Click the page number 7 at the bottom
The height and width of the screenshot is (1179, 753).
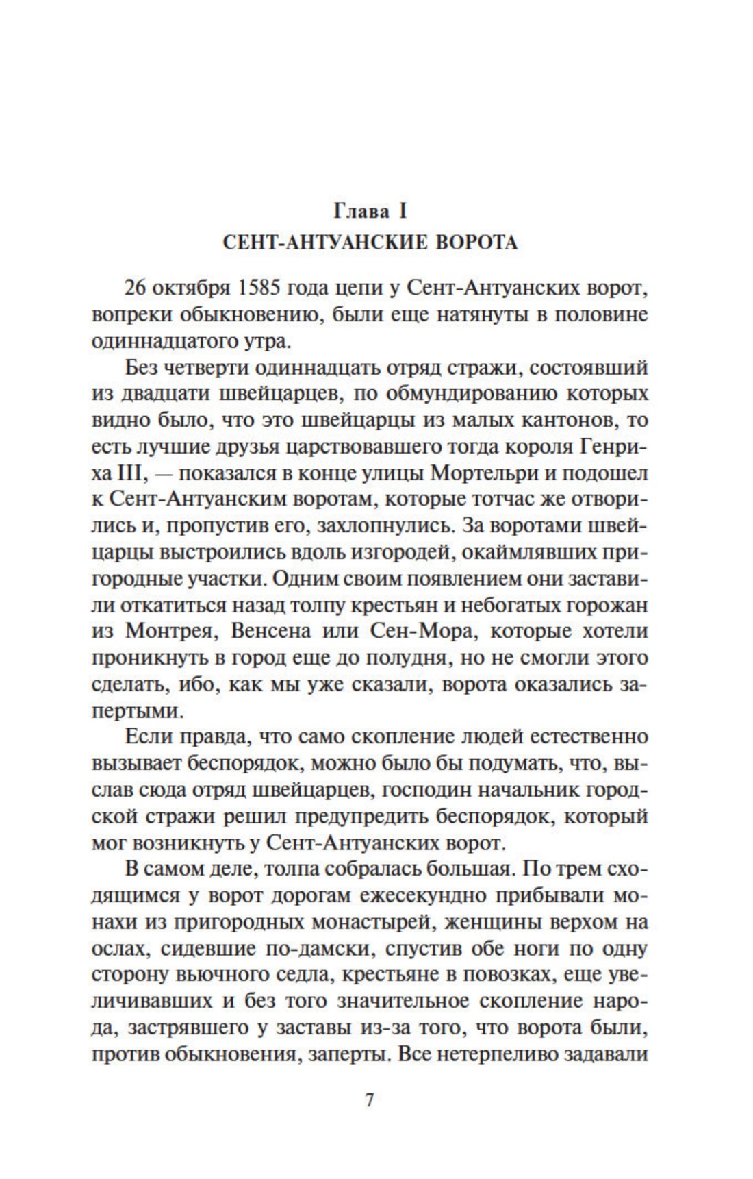pyautogui.click(x=370, y=1102)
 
